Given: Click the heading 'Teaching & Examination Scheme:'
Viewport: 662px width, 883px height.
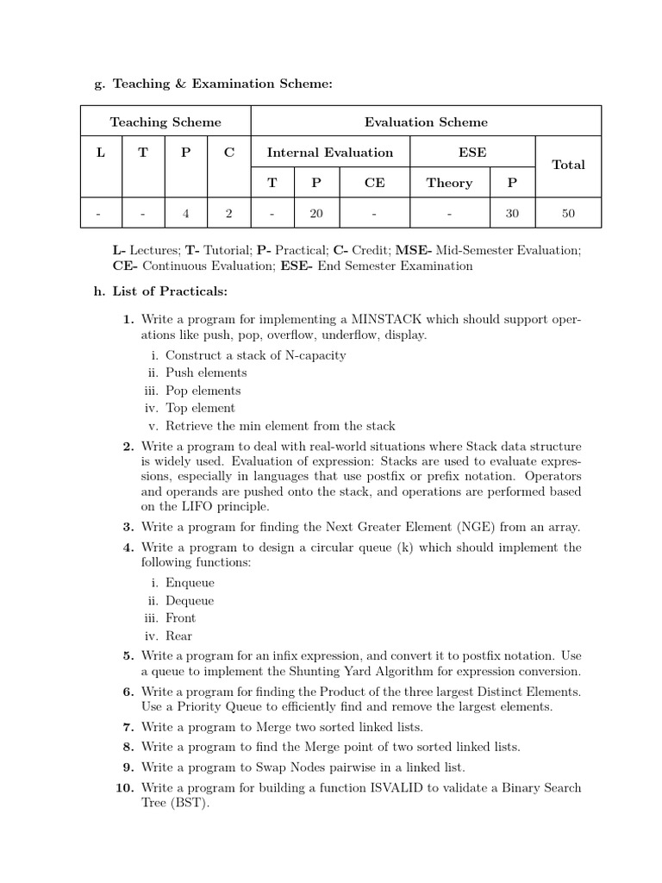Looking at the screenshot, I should coord(222,84).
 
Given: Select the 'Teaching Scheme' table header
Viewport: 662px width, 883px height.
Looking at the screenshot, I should coord(165,122).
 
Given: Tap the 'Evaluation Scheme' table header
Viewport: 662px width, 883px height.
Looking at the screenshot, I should coord(426,122).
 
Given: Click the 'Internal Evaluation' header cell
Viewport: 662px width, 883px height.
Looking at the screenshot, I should coord(330,153).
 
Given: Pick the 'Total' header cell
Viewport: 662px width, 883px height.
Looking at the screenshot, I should coord(568,165).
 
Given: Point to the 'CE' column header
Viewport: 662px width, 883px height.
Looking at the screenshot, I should coord(375,183).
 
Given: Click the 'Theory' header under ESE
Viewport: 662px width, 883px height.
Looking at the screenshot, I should coord(449,183).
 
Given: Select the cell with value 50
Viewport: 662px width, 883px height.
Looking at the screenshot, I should coord(568,212).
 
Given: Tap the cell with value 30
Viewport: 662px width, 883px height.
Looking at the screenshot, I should coord(513,212).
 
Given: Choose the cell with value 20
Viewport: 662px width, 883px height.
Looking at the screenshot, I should coord(315,212).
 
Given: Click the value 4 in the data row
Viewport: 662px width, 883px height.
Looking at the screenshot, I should coord(186,212).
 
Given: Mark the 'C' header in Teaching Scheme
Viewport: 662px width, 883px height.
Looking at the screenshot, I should coord(228,153).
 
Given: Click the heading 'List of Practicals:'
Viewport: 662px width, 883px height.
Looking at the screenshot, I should coord(170,292).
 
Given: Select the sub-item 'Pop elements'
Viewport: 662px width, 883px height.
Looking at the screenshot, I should coord(203,391).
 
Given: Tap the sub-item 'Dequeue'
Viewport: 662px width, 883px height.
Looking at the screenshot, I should coord(190,600).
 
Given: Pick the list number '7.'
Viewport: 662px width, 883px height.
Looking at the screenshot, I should coord(128,727).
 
